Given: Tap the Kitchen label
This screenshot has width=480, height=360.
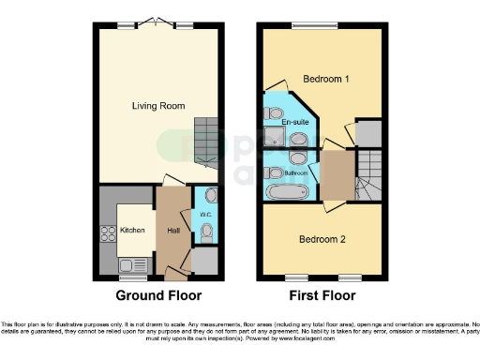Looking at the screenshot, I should (x=131, y=230).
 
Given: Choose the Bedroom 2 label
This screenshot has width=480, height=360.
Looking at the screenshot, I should (x=322, y=240).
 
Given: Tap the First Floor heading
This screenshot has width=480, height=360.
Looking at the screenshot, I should (x=322, y=295).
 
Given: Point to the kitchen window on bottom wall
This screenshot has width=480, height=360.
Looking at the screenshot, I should (x=132, y=277).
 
